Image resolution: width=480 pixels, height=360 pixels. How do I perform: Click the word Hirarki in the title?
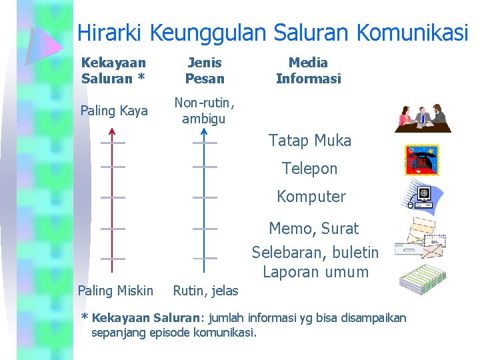point(111,33)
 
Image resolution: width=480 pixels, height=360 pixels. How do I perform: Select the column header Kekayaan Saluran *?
point(113,71)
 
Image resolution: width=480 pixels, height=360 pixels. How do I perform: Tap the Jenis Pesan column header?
point(205,71)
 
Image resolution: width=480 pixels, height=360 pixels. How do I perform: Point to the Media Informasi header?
point(308,71)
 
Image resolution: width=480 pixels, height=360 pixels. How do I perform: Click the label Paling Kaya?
point(114,111)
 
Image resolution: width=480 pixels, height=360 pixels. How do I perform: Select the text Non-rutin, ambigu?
point(205,111)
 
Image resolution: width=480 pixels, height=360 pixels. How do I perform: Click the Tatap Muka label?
point(309,141)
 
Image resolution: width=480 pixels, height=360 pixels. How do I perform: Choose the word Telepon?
point(309,169)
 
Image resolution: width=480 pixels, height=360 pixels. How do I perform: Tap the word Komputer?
point(311,197)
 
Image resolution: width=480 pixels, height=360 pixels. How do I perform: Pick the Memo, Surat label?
point(313,229)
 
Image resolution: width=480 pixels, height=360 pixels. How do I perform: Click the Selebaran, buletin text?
point(315,253)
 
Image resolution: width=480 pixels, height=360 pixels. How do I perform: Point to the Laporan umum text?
point(315,272)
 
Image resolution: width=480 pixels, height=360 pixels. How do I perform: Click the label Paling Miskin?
point(115,291)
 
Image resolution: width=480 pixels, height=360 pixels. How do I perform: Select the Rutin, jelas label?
point(205,291)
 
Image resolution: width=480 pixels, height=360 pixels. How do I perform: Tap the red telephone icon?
point(421,160)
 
